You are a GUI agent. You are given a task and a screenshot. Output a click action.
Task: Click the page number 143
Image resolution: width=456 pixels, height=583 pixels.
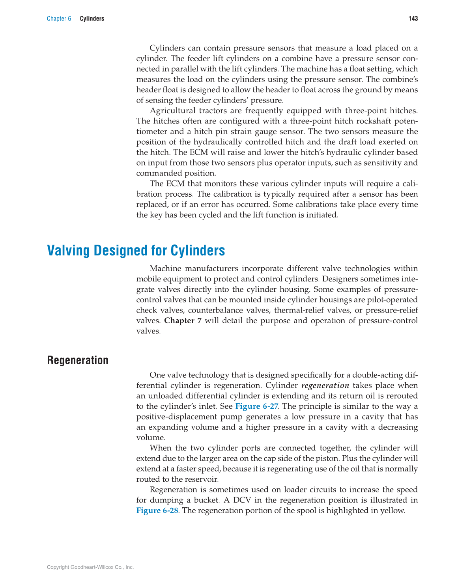(x=413, y=19)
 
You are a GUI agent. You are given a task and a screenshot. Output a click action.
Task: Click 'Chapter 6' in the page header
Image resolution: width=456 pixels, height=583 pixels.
(x=59, y=19)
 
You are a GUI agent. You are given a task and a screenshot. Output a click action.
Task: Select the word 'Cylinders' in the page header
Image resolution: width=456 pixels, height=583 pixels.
(x=92, y=19)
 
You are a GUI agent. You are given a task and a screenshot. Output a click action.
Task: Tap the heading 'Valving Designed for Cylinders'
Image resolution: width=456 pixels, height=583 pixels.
(x=136, y=250)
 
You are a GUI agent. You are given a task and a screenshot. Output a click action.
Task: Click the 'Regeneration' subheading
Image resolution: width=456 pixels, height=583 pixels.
(x=77, y=360)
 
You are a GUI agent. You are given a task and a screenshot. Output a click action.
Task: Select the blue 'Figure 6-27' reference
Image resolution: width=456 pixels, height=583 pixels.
(x=256, y=406)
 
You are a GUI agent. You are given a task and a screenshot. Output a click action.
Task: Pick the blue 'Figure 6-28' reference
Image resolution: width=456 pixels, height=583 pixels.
(x=157, y=510)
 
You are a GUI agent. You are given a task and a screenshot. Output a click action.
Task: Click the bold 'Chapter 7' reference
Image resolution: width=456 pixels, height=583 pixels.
(x=183, y=320)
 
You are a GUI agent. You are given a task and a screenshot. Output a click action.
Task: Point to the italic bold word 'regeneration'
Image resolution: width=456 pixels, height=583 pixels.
(x=325, y=386)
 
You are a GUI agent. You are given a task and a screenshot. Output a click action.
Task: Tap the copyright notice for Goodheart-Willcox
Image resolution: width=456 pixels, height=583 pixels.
(x=90, y=567)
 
